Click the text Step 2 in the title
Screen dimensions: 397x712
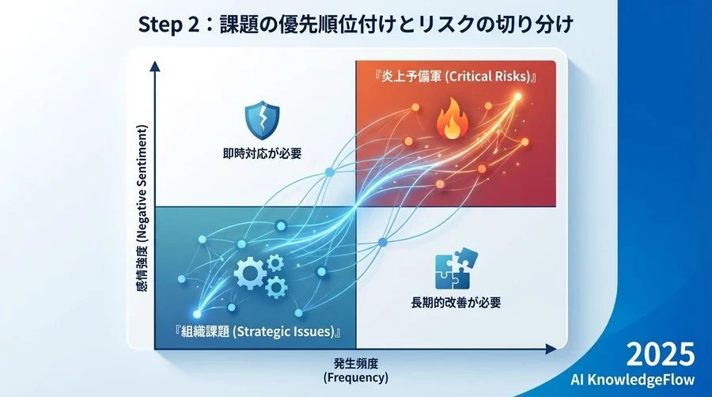click(x=168, y=25)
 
